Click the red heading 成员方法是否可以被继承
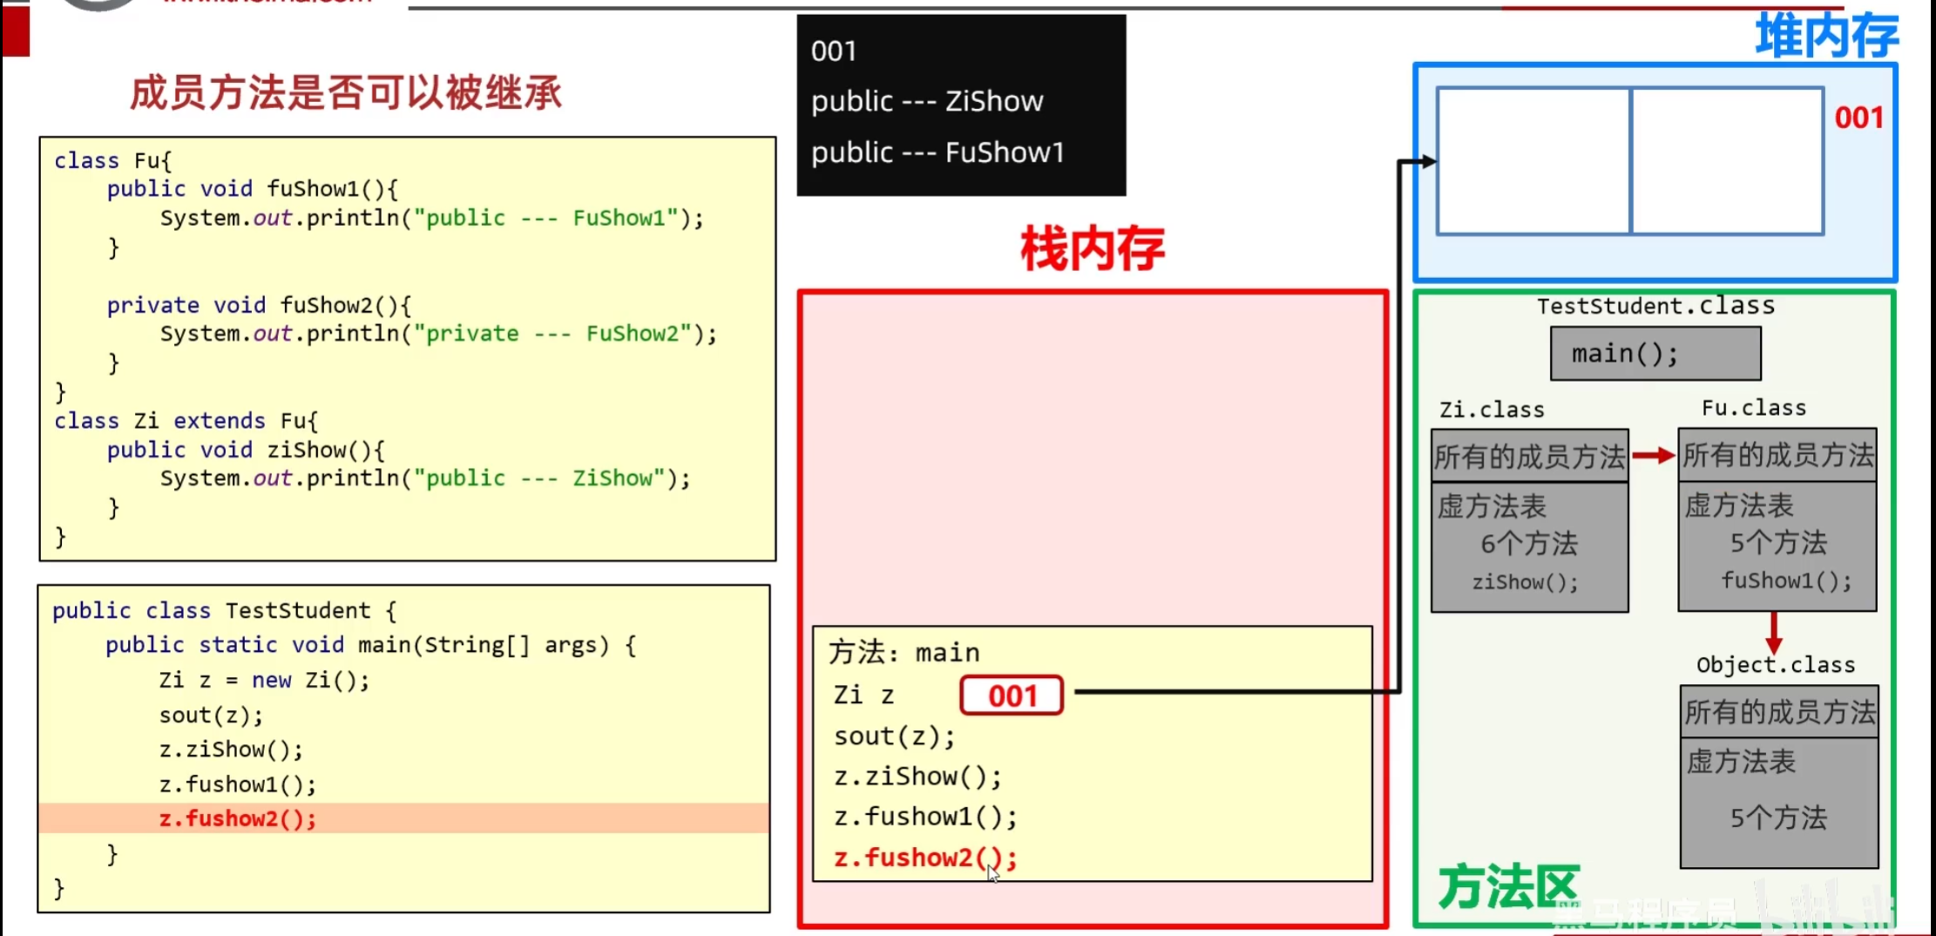[x=346, y=92]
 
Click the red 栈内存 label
[x=1092, y=249]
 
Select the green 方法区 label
[x=1508, y=887]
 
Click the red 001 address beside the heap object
[x=1858, y=118]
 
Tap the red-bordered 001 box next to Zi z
[x=1012, y=695]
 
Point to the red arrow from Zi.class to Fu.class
[x=1653, y=455]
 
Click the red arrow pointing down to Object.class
[x=1774, y=632]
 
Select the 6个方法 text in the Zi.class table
[x=1529, y=544]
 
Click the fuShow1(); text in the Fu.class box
[x=1786, y=580]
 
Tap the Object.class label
[x=1775, y=665]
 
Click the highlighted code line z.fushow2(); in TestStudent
[x=237, y=818]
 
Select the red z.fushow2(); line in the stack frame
[x=925, y=858]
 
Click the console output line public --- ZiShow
[x=927, y=101]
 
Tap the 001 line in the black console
[x=834, y=51]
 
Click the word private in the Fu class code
[x=152, y=305]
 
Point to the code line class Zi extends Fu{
[x=186, y=421]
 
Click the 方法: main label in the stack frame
[x=904, y=652]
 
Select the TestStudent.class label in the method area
[x=1655, y=306]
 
